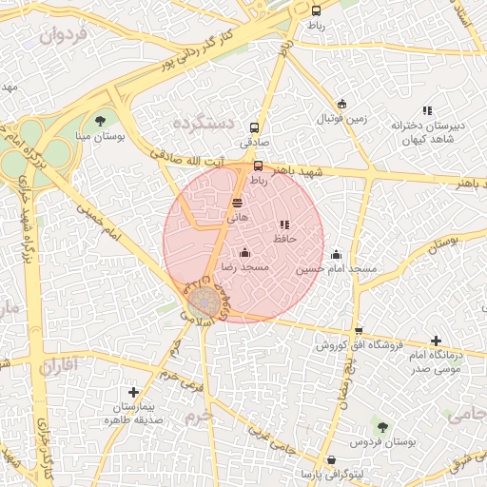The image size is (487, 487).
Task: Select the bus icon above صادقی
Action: [254, 127]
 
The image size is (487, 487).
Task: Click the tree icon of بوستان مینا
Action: [101, 120]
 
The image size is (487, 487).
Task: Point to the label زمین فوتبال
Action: [342, 118]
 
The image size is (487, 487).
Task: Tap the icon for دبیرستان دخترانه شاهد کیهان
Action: [427, 110]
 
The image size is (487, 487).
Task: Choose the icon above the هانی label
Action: [237, 203]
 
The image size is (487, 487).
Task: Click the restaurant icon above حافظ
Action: [284, 225]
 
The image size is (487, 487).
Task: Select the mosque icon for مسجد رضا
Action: [245, 252]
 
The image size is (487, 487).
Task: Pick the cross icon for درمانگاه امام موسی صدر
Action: [436, 341]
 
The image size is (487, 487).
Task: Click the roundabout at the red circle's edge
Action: [201, 302]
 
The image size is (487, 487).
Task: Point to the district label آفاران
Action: [58, 363]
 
